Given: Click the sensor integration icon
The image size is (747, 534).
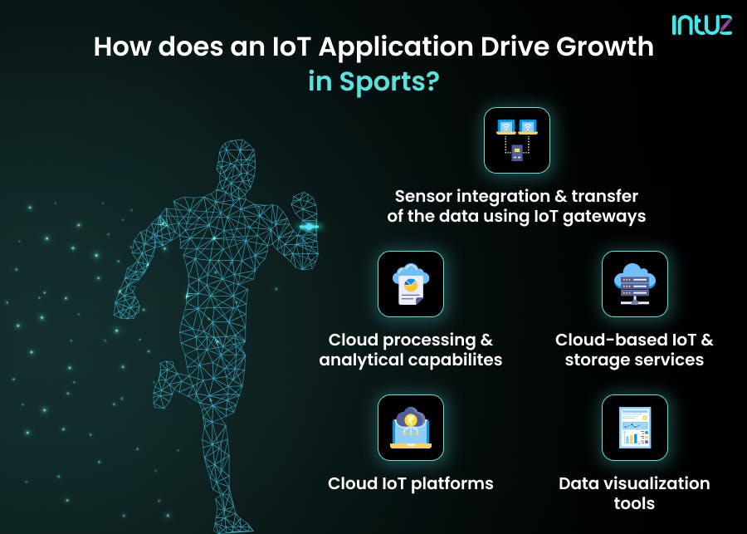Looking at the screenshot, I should pos(516,140).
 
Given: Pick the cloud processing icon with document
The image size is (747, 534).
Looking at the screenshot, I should pos(411,284).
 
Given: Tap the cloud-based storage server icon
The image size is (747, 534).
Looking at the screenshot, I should pos(634,284).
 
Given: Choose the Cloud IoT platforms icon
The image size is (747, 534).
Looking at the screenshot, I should pos(411,427).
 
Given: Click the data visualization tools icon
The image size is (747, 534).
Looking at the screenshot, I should pos(634,427).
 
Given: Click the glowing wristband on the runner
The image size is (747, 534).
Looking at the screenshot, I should pos(309,227).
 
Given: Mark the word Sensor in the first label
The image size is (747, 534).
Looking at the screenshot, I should pos(426,196).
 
